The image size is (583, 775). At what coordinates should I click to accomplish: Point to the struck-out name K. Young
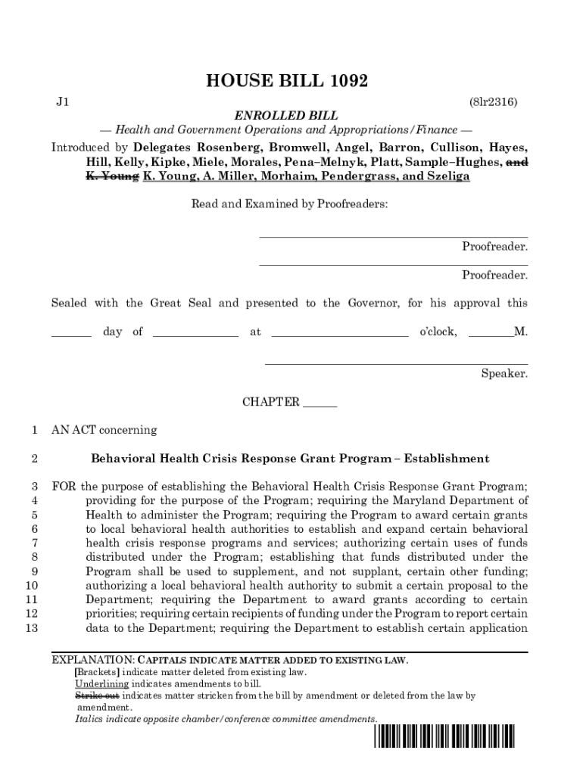pyautogui.click(x=111, y=176)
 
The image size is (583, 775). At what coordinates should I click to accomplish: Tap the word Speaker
pyautogui.click(x=504, y=373)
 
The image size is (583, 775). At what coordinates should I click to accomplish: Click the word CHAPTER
pyautogui.click(x=270, y=402)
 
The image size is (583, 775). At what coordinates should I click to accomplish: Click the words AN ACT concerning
pyautogui.click(x=104, y=430)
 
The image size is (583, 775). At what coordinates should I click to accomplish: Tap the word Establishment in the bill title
pyautogui.click(x=447, y=459)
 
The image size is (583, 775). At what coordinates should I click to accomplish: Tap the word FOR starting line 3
pyautogui.click(x=64, y=486)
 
